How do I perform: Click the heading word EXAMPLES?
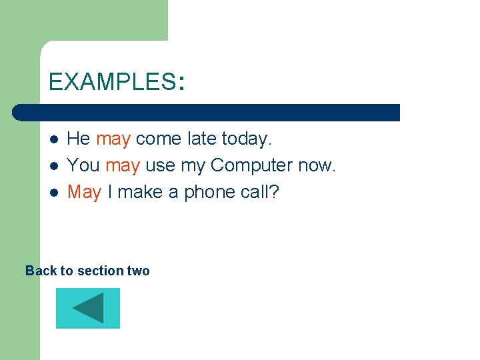coord(111,82)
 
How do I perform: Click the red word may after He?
coord(113,139)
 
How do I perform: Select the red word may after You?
coord(122,165)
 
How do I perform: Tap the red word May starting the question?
coord(84,192)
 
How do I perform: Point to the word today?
coord(247,139)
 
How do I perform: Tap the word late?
coord(201,139)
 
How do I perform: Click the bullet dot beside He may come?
coord(54,139)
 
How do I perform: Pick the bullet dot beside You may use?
coord(54,165)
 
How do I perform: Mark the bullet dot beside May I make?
coord(54,192)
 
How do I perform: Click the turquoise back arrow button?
coord(87,308)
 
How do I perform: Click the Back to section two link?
coord(87,271)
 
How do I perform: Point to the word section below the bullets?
coord(100,271)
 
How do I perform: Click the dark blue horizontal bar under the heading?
coord(207,112)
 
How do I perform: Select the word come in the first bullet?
coord(159,139)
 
